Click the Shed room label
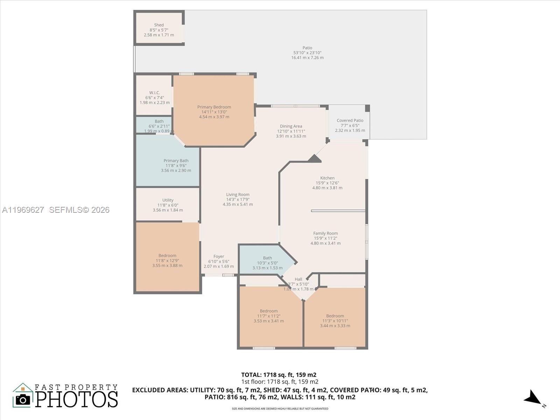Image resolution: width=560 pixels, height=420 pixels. tap(159, 25)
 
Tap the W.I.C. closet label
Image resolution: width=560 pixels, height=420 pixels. tap(155, 92)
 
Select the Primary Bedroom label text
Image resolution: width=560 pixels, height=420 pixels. tap(214, 107)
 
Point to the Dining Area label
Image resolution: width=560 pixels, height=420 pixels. tap(291, 126)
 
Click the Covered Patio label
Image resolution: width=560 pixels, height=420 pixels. tap(350, 120)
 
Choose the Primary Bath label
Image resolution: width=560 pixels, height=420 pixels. tap(176, 161)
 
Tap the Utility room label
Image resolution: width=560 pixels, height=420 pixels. tap(168, 200)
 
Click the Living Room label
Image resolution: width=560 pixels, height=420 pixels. tap(238, 195)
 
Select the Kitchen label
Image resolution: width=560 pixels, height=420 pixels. tap(327, 178)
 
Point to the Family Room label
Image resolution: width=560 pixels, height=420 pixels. tap(325, 233)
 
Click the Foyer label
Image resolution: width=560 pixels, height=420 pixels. tap(219, 257)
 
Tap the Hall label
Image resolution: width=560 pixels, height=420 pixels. tap(298, 279)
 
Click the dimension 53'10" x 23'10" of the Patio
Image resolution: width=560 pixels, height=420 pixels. tap(307, 53)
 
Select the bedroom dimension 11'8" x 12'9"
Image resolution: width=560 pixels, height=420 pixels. tap(167, 261)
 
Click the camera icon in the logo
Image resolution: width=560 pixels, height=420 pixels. tap(23, 400)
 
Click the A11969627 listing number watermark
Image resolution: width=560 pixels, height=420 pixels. tap(23, 210)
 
